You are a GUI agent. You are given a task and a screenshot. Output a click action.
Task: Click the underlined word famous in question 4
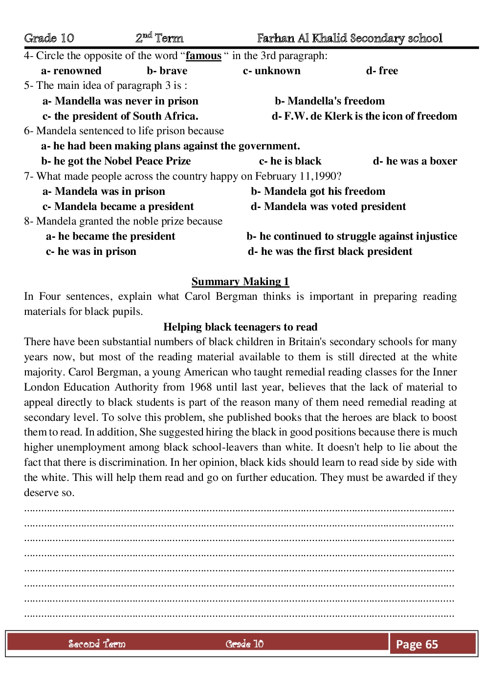click(203, 56)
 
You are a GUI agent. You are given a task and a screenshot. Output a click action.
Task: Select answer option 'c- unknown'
click(271, 71)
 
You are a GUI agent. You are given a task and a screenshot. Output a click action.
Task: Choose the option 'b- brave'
click(167, 71)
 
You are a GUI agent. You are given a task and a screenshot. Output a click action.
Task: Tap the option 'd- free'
click(382, 71)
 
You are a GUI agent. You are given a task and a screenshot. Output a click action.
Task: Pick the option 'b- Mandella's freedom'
click(330, 101)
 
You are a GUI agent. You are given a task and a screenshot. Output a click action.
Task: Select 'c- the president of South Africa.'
click(120, 116)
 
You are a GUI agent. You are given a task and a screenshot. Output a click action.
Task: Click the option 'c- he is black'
click(290, 161)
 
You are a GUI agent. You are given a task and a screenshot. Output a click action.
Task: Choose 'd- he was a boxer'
click(415, 161)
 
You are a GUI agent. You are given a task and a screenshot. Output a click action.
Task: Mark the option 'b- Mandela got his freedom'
click(318, 191)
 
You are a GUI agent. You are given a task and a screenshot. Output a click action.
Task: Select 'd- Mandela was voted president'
click(328, 207)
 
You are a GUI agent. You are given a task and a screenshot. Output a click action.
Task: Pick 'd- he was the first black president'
click(330, 251)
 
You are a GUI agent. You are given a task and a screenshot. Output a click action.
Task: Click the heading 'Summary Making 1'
click(240, 282)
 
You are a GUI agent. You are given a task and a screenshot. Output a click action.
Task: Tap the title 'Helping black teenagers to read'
click(240, 327)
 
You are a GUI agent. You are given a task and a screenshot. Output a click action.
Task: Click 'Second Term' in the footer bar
click(97, 644)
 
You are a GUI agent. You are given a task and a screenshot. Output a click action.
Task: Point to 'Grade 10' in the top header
click(49, 38)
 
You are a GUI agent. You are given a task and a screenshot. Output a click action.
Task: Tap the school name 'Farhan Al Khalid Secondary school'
click(350, 38)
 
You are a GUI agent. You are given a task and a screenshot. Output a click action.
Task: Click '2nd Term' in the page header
click(159, 38)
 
